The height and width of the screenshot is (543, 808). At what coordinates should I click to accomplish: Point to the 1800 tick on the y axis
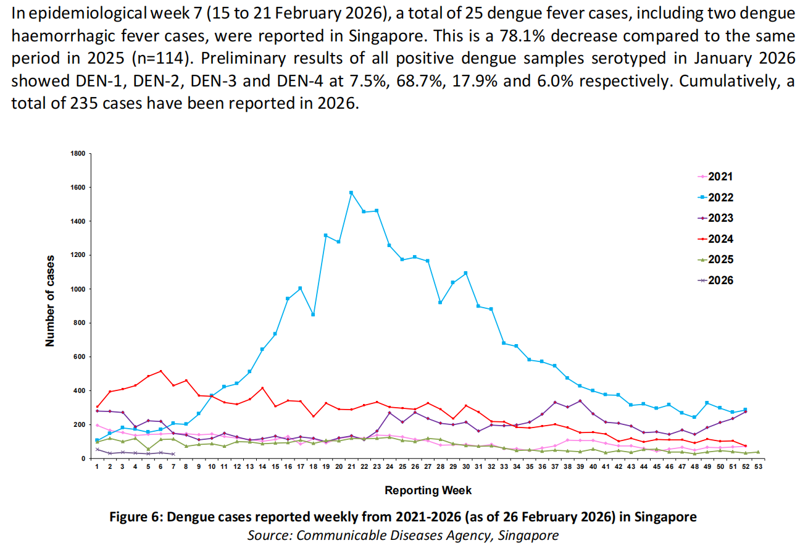tap(77, 153)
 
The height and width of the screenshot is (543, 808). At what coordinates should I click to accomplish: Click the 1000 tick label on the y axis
tap(77, 289)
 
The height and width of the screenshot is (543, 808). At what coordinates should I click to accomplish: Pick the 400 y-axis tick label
tap(79, 391)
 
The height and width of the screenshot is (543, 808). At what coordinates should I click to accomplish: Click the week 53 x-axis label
tap(759, 467)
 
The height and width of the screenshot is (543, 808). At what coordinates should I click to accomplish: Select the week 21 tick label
tap(351, 467)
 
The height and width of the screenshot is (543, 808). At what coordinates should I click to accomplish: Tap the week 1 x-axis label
tap(97, 467)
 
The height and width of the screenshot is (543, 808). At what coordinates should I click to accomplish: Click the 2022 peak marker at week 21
tap(351, 193)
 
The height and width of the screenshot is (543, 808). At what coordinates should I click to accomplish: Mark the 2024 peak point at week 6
tap(160, 371)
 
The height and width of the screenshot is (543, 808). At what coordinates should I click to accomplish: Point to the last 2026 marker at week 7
tap(173, 454)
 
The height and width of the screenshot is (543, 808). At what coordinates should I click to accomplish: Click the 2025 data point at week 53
tap(759, 452)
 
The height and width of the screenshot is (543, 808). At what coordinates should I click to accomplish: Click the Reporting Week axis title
tap(428, 490)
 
